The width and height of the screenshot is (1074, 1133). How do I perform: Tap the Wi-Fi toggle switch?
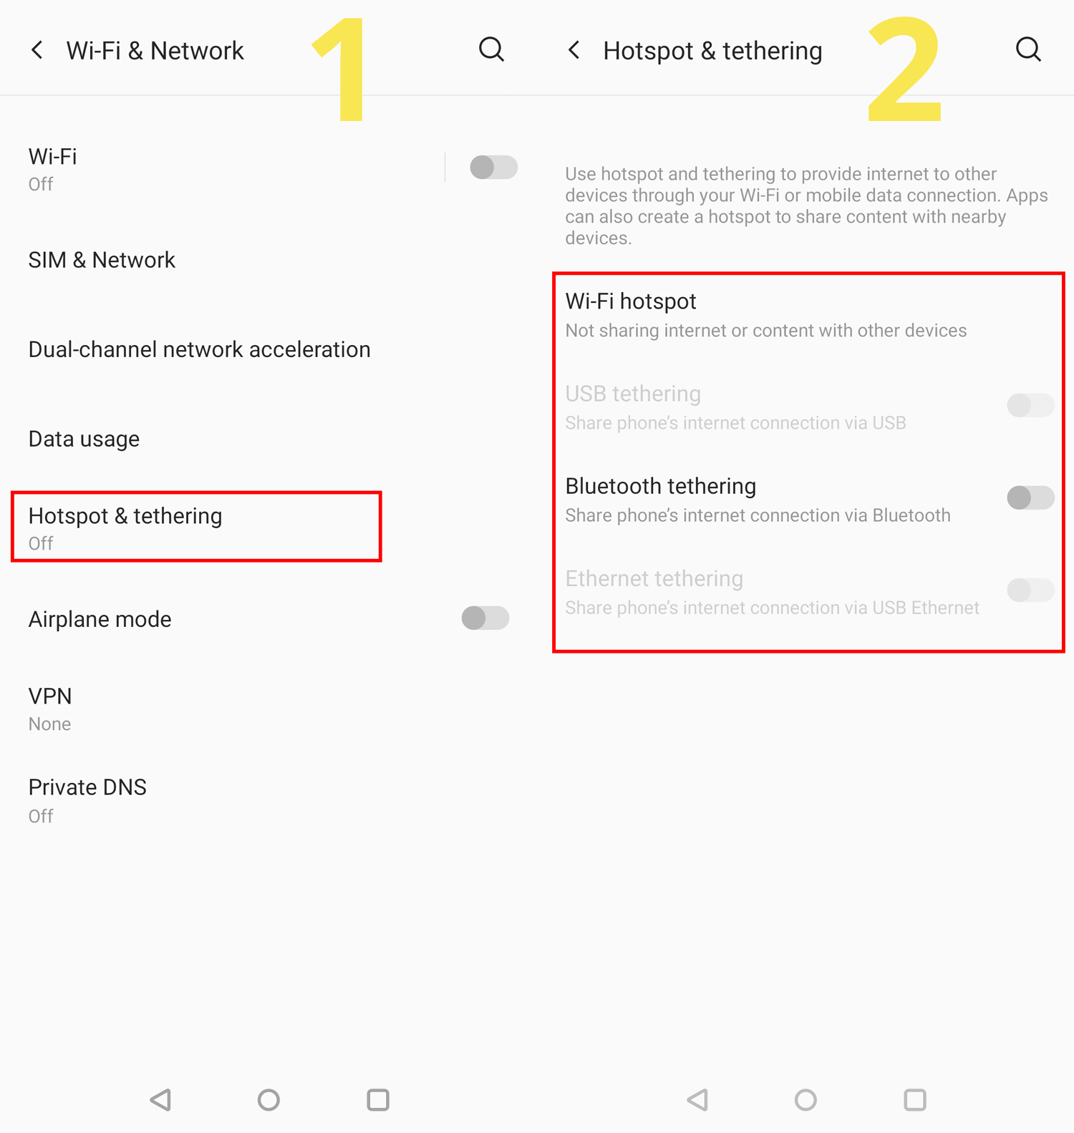coord(493,167)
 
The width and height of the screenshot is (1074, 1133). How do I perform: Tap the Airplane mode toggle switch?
coord(485,618)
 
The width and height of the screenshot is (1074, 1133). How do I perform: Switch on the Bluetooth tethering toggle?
coord(1030,497)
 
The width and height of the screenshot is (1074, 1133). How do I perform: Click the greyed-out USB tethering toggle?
coord(1030,405)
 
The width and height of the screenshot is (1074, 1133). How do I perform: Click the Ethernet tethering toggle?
coord(1030,590)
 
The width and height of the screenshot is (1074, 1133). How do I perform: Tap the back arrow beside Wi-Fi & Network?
coord(37,50)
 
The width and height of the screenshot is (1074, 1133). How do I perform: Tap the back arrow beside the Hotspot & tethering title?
coord(574,50)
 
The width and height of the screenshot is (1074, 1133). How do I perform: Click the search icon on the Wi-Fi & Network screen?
coord(492,50)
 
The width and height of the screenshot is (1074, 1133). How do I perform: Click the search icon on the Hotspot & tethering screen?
coord(1029,50)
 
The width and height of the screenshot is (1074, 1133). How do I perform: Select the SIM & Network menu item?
coord(102,260)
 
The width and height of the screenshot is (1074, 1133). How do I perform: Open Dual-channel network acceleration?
coord(200,349)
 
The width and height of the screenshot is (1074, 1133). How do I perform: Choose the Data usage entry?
coord(84,439)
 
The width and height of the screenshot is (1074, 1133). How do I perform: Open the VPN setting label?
coord(50,696)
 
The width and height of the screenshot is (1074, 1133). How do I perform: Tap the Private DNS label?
coord(87,787)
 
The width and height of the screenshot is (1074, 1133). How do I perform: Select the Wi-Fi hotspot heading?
coord(631,301)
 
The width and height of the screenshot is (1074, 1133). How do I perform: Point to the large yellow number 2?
coord(904,69)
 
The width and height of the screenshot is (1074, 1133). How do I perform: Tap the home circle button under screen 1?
coord(268,1099)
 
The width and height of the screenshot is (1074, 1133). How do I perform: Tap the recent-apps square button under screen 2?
coord(915,1099)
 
